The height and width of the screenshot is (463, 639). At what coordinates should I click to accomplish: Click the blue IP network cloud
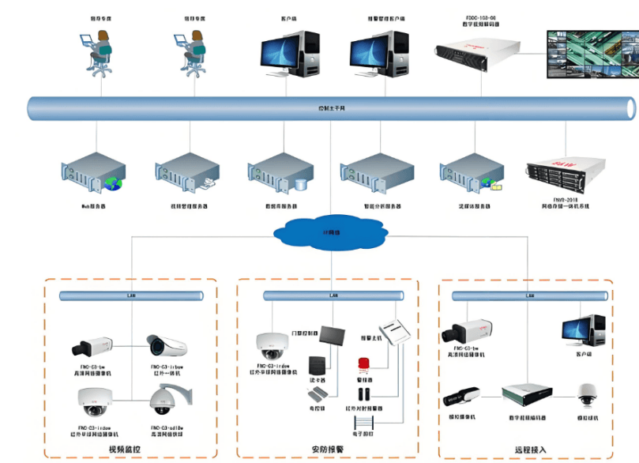coord(332,233)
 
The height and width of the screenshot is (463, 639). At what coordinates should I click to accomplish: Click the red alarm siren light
coord(365,363)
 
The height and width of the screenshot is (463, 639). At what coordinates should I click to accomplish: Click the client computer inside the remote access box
coord(583,333)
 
